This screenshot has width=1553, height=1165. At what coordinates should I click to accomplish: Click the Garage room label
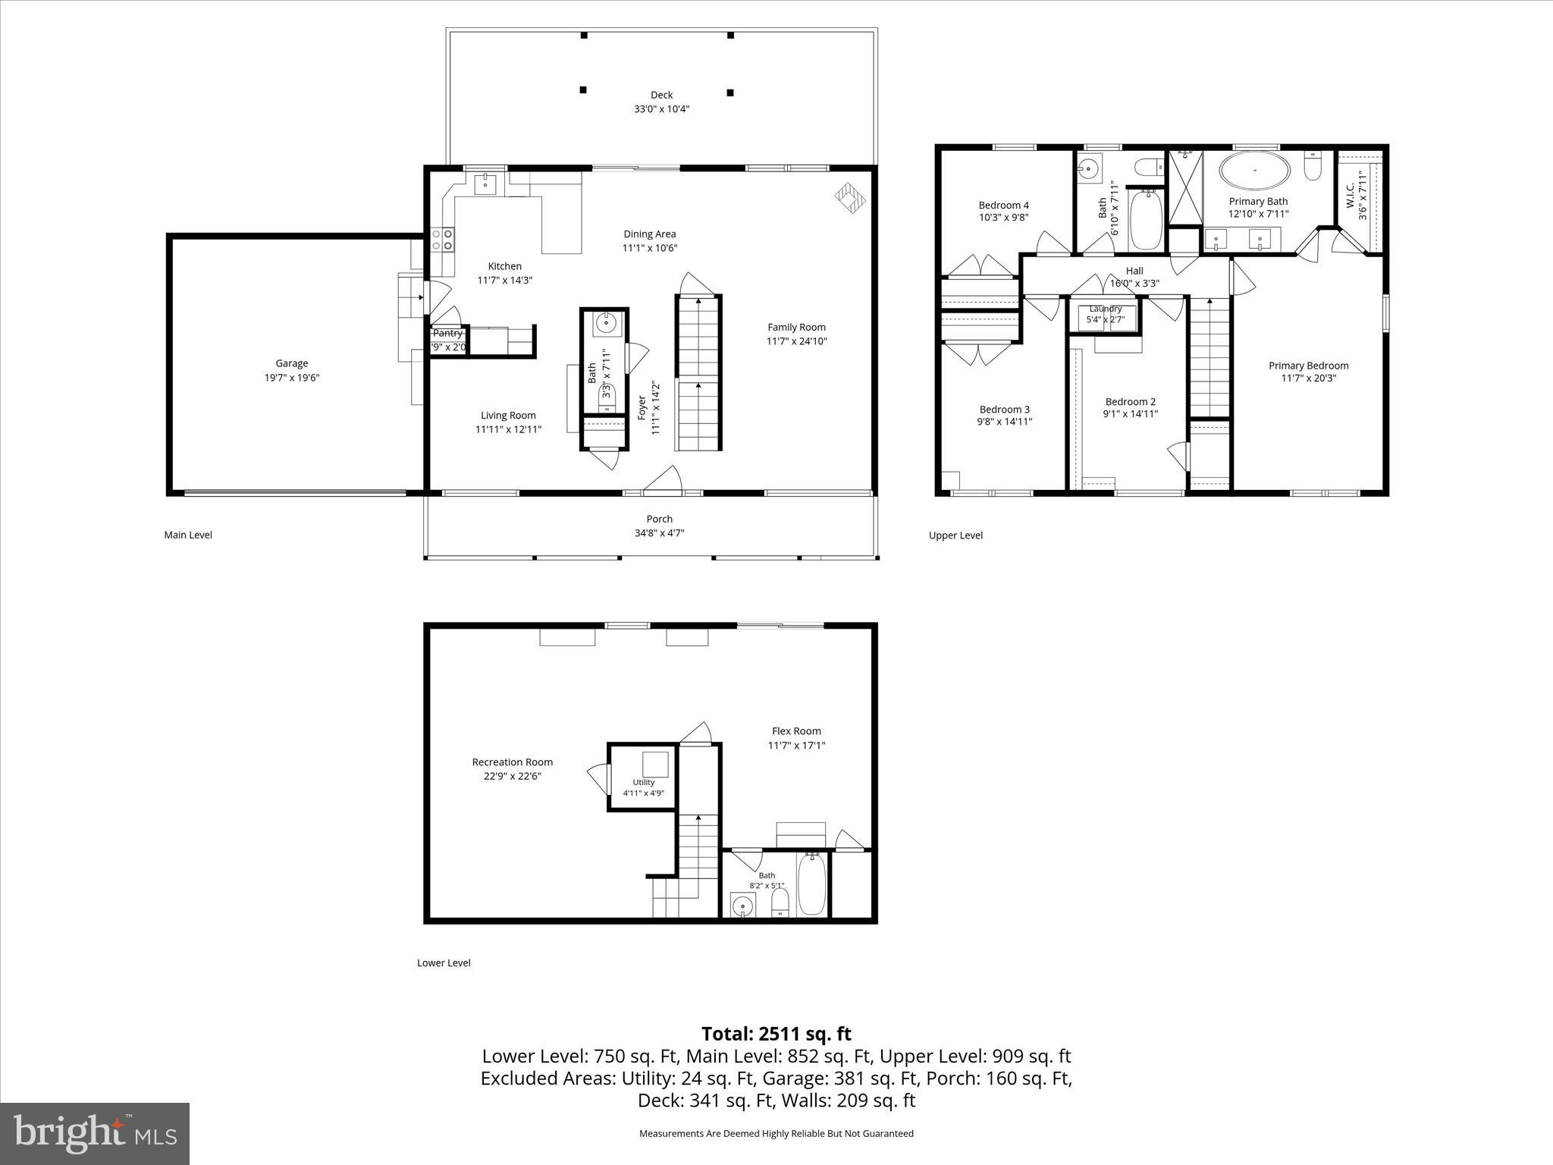[x=291, y=363]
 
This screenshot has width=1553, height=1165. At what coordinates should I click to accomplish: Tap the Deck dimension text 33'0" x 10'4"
[x=661, y=109]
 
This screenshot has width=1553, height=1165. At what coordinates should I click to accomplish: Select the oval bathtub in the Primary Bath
[x=1254, y=171]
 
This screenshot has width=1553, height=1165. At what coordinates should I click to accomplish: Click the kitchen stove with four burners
[x=442, y=240]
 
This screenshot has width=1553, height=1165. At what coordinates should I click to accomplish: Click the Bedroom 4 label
[x=1003, y=205]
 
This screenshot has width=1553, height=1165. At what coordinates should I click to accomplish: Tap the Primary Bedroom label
[x=1308, y=366]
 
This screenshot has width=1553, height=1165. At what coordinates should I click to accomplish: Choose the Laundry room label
[x=1105, y=309]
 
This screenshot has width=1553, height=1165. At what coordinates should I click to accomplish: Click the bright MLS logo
[x=95, y=1133]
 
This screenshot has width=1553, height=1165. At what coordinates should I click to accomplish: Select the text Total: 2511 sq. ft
[x=776, y=1034]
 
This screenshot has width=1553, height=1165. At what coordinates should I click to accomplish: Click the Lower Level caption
[x=444, y=962]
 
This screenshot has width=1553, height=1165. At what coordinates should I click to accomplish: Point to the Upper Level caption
[x=955, y=535]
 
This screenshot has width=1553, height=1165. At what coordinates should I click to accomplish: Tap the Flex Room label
[x=796, y=731]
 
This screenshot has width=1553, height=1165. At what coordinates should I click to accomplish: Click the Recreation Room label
[x=512, y=762]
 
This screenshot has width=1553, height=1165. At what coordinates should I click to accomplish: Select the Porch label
[x=659, y=519]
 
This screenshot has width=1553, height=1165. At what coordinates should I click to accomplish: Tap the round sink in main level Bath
[x=607, y=324]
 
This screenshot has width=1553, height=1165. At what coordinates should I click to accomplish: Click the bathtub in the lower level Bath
[x=811, y=884]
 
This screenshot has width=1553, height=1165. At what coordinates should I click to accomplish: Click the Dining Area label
[x=649, y=234]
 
